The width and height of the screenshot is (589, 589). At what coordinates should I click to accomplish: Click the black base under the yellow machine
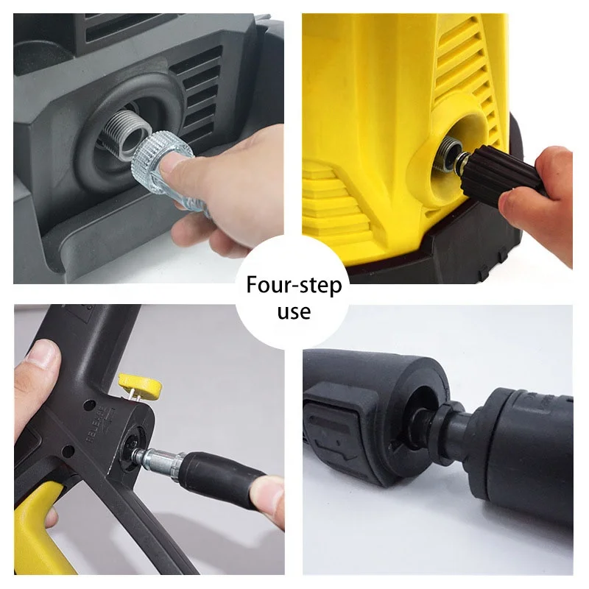(471, 261)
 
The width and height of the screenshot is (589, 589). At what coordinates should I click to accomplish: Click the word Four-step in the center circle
(294, 285)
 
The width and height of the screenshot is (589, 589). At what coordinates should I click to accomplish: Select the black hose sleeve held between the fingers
(221, 479)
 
